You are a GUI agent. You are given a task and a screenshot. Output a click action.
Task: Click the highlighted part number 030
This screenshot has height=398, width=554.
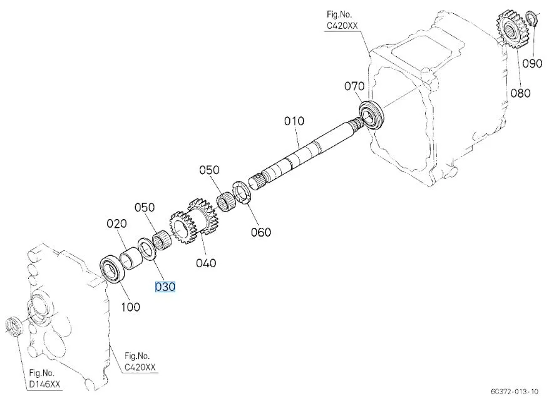(165, 287)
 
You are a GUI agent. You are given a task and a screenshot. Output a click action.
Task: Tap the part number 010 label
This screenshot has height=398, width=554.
(294, 121)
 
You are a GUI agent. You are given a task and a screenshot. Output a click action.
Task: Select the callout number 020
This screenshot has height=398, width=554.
(116, 223)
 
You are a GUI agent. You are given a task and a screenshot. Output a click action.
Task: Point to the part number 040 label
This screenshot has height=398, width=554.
(205, 263)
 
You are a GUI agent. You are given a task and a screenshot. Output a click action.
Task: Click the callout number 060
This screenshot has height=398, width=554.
(260, 232)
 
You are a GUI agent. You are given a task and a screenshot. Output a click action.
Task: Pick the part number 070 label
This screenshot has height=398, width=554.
(354, 86)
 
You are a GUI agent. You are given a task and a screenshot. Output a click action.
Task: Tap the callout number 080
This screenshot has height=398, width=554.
(520, 93)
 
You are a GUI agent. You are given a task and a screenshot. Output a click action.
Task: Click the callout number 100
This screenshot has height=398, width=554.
(130, 307)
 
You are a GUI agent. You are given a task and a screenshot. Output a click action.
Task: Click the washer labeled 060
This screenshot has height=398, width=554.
(242, 193)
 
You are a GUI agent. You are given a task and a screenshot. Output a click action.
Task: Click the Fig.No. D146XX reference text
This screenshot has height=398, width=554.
(44, 377)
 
